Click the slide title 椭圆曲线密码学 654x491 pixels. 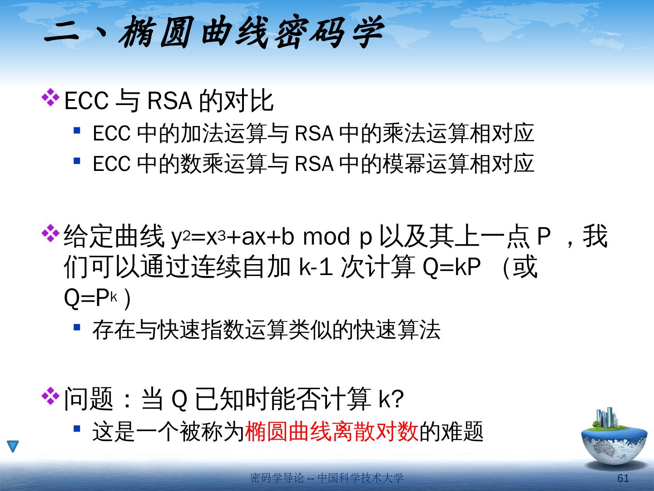pyautogui.click(x=251, y=32)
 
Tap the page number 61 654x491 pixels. pyautogui.click(x=623, y=478)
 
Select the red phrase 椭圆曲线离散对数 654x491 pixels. pyautogui.click(x=332, y=431)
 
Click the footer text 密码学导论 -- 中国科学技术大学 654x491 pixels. pyautogui.click(x=327, y=478)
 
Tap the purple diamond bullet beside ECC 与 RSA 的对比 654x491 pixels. pyautogui.click(x=50, y=97)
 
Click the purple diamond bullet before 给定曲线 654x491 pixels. pyautogui.click(x=50, y=233)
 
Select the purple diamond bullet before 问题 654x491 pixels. pyautogui.click(x=50, y=396)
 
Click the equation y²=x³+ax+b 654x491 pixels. pyautogui.click(x=233, y=237)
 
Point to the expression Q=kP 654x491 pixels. pyautogui.click(x=451, y=266)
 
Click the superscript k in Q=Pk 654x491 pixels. pyautogui.click(x=114, y=297)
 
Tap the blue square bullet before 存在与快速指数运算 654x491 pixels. pyautogui.click(x=77, y=327)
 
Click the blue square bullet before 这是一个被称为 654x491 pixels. pyautogui.click(x=77, y=429)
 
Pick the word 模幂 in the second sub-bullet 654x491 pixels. pyautogui.click(x=404, y=163)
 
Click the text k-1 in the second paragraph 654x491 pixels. pyautogui.click(x=316, y=266)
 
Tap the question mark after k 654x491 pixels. pyautogui.click(x=398, y=398)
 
